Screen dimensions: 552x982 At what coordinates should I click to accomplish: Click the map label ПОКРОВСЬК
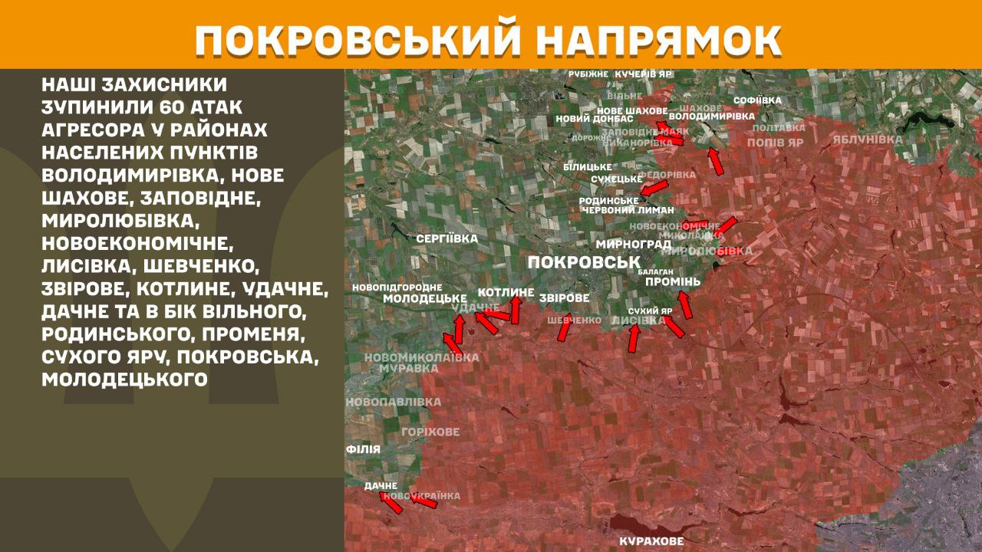584,263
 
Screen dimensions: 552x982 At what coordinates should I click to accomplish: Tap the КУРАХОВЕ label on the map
651,541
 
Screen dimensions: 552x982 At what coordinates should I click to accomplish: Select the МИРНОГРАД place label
634,244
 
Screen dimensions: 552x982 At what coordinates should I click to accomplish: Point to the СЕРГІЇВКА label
447,238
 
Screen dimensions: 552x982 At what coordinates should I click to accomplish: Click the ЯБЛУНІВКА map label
867,140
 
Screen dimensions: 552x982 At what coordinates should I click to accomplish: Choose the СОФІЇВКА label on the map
757,100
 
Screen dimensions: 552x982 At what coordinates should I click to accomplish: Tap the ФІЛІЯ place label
363,449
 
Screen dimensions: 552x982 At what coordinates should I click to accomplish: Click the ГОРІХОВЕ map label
430,432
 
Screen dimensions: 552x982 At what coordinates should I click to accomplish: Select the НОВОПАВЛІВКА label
394,402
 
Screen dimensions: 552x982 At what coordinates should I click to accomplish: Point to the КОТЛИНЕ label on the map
506,292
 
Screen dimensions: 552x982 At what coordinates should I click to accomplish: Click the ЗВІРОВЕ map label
564,297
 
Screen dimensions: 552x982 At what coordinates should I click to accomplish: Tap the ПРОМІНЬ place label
673,282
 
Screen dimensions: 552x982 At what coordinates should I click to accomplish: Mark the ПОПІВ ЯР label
775,143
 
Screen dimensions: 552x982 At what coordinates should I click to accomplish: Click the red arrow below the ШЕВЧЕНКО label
564,330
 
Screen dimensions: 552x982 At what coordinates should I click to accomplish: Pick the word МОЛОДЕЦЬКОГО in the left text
125,379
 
